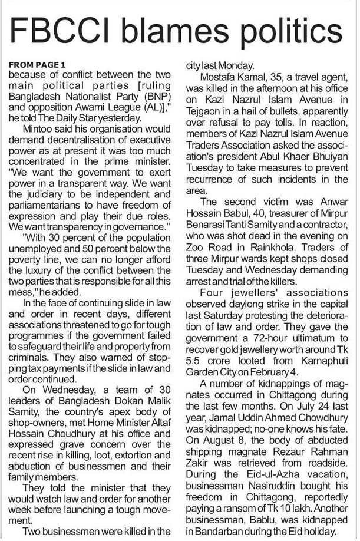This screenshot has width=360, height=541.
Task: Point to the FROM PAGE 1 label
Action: [38, 64]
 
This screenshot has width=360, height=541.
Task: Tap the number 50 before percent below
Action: [113, 252]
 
